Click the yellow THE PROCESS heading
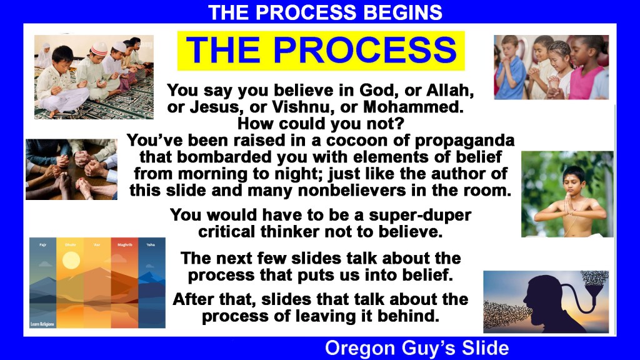pos(321,51)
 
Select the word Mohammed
pos(413,107)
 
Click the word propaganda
pos(465,141)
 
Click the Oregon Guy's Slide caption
pos(417,348)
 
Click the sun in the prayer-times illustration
pos(71,260)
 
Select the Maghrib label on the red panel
pos(124,245)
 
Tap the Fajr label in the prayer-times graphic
pos(43,245)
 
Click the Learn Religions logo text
pos(42,324)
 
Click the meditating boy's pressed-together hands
pos(567,202)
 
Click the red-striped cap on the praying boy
pos(98,49)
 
